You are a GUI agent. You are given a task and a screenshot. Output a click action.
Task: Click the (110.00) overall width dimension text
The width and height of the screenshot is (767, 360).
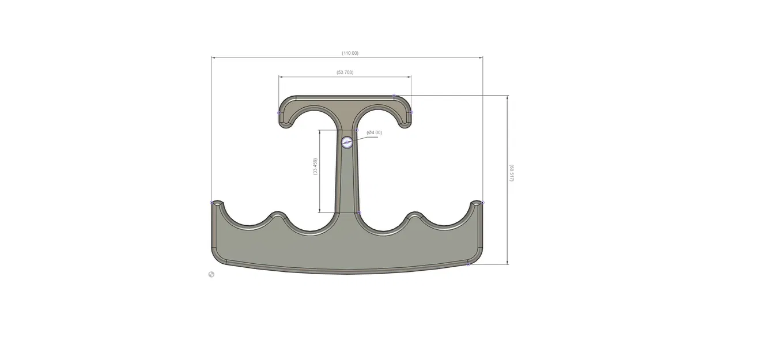[x=350, y=53]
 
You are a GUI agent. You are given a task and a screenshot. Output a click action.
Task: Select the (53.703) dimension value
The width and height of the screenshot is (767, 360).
[x=345, y=72]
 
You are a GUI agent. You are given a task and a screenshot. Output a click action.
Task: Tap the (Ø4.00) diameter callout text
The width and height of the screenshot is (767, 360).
[x=374, y=132]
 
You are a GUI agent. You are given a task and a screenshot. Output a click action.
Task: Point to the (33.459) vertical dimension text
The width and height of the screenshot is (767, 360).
[x=315, y=167]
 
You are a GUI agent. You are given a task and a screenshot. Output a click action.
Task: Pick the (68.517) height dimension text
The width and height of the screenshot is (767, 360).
[x=511, y=173]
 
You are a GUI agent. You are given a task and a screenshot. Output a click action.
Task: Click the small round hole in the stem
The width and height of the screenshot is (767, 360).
[x=347, y=142]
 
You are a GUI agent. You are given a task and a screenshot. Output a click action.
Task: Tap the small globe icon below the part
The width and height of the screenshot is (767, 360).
[x=211, y=274]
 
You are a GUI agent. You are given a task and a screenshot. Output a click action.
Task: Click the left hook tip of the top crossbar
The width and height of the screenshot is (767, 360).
[x=284, y=122]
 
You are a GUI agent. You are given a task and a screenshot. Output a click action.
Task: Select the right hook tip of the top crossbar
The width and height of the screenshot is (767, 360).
[x=406, y=122]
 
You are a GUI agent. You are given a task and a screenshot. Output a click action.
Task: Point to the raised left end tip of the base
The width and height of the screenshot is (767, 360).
[x=216, y=203]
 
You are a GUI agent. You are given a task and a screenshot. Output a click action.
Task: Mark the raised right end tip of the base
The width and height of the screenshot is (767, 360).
[x=477, y=203]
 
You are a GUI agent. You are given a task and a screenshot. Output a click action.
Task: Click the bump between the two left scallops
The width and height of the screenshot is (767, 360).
[x=278, y=214]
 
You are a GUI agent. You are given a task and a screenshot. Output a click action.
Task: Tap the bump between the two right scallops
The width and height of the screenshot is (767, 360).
[x=415, y=214]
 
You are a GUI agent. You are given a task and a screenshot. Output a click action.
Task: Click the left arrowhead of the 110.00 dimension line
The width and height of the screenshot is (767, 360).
[x=213, y=58]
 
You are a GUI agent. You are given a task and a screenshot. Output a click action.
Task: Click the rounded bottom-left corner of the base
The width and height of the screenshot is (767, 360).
[x=217, y=256]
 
